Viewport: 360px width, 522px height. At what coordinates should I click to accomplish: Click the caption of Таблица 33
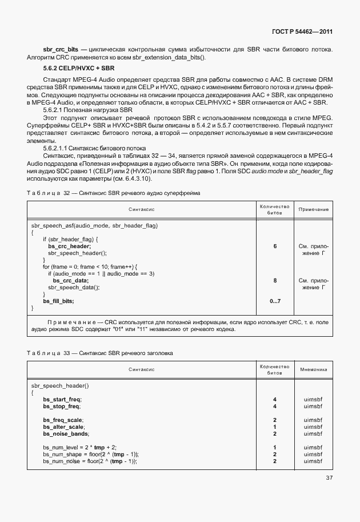108,353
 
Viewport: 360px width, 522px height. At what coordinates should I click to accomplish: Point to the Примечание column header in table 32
314,210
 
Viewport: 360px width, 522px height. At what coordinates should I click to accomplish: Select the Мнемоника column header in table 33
314,370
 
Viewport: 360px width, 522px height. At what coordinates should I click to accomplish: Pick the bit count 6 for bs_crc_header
275,246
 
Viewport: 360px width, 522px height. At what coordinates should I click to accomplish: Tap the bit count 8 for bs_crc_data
275,280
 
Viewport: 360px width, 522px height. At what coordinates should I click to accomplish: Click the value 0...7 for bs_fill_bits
275,301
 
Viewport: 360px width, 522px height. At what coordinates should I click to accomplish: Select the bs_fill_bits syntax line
58,301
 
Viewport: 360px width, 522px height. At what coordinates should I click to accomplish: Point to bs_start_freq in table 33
63,399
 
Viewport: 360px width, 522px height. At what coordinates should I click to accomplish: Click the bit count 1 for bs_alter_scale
275,427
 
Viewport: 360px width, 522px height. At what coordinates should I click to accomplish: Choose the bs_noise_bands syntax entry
65,433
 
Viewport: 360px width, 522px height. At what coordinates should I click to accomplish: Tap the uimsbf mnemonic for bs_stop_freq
314,406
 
